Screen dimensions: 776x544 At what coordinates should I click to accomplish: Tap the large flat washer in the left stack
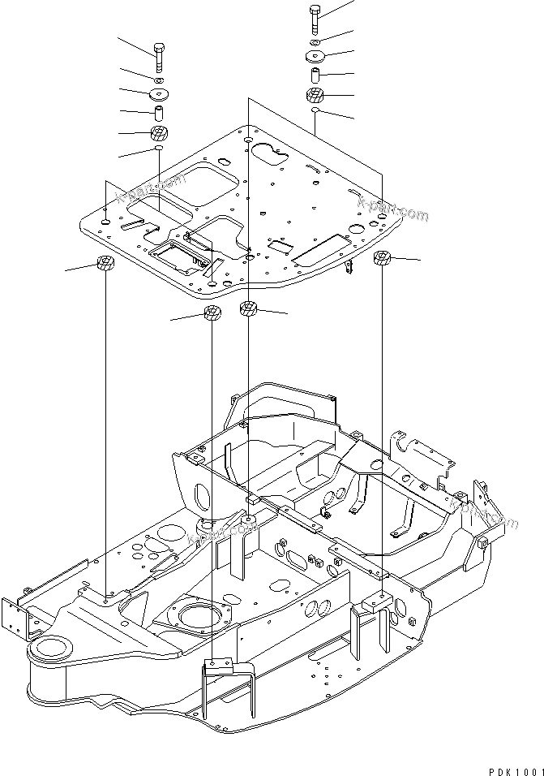(x=159, y=94)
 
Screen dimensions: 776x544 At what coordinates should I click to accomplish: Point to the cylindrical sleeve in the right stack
(x=315, y=75)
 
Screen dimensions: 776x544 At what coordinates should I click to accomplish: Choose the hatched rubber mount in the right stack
(x=315, y=96)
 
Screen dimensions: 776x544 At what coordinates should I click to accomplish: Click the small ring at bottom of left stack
(x=159, y=151)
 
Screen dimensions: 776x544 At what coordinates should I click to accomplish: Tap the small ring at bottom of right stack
(x=315, y=111)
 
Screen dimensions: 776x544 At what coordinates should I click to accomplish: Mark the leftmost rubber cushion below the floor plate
(x=105, y=264)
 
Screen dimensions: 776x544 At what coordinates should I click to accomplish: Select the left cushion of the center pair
(x=212, y=313)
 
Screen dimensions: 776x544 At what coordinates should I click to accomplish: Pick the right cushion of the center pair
(x=248, y=308)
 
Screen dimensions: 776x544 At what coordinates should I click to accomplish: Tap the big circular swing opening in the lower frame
(x=200, y=617)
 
